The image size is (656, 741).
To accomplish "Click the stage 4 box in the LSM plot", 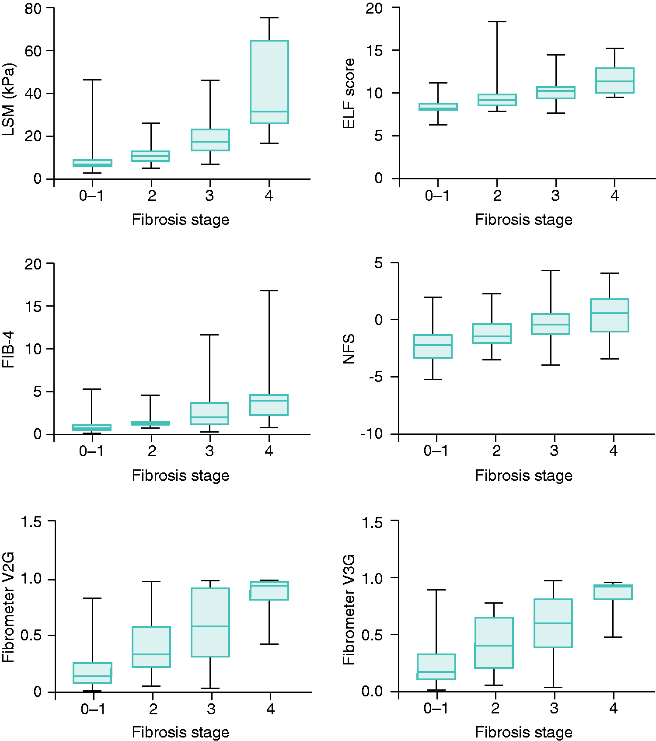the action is (269, 82).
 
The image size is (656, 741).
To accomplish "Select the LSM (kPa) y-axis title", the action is (9, 100).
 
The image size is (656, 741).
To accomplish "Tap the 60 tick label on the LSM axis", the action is (33, 51).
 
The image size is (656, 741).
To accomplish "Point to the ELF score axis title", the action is (349, 94).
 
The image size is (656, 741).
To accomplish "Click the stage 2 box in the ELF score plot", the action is (497, 100).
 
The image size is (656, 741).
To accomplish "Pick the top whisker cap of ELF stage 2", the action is (497, 21).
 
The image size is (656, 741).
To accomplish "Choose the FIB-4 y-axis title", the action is (8, 349).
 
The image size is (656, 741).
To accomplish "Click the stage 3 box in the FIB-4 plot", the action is (209, 413).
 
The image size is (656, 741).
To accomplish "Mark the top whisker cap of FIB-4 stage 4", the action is (269, 290).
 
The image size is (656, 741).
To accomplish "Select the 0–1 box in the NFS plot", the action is (433, 346).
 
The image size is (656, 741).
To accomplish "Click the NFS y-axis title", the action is (349, 349).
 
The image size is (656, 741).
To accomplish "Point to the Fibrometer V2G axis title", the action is (8, 607).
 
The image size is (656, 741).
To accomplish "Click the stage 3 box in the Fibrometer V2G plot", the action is (210, 622).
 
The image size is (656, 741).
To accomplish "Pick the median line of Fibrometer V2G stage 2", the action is (151, 654).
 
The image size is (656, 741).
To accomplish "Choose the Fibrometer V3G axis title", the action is (349, 610).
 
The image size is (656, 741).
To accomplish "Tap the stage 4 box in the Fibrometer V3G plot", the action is (613, 592).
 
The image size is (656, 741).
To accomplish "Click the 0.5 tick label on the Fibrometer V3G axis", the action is (372, 635).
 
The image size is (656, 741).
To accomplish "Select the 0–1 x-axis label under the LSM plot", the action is (91, 196).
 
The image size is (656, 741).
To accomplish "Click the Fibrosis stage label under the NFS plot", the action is (523, 475).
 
